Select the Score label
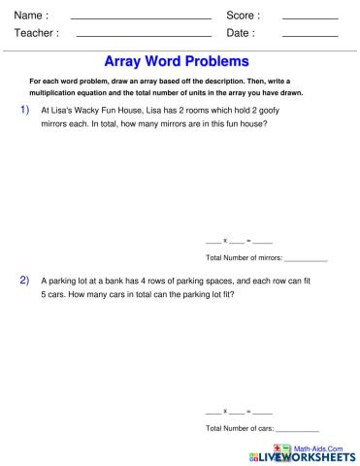(x=243, y=15)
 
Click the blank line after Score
(x=310, y=18)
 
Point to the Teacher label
(x=37, y=33)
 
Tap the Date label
(x=241, y=33)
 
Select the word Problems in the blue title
(x=219, y=61)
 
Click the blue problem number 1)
(x=25, y=111)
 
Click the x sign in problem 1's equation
(x=225, y=240)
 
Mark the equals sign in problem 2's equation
(x=247, y=411)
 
